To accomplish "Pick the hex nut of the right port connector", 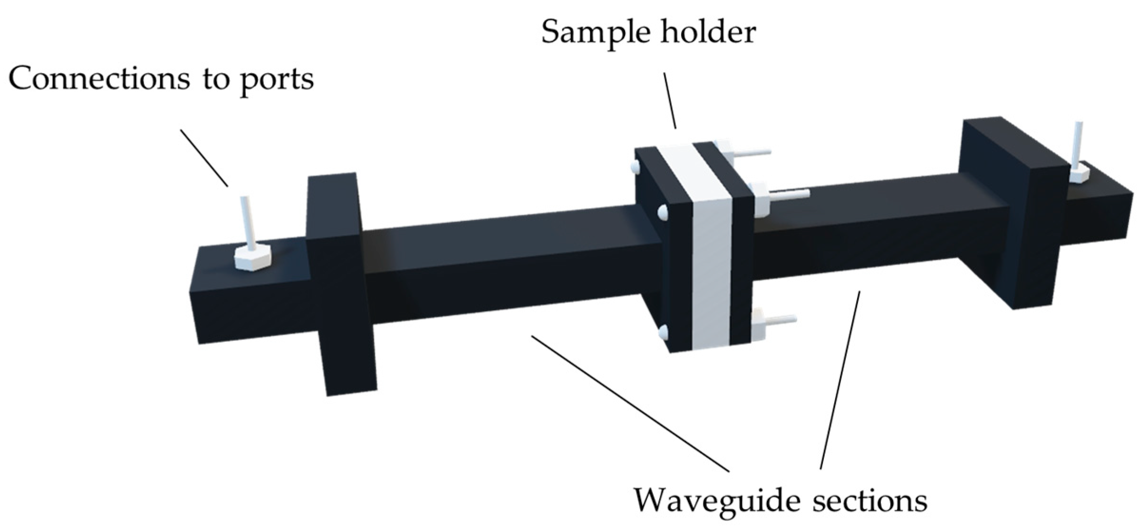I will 1079,173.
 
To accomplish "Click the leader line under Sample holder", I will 670,100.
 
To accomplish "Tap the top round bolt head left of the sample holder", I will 635,166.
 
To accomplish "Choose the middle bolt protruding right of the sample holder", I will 784,194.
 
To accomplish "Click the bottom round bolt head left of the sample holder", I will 664,332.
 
